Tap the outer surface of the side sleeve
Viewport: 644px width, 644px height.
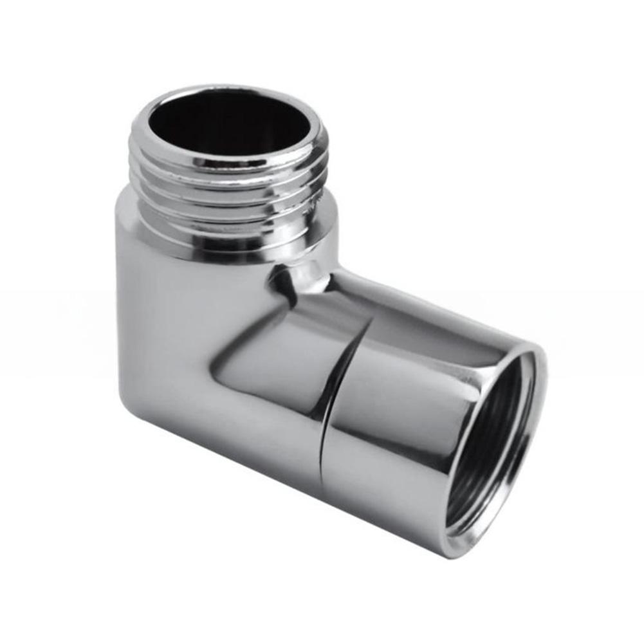click(412, 412)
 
